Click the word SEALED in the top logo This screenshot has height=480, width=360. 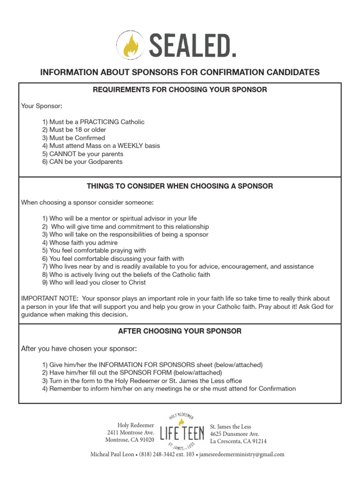192,45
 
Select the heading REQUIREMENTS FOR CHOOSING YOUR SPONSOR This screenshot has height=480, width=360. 180,90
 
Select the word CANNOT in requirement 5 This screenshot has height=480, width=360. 63,154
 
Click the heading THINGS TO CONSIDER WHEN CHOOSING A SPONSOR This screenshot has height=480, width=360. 180,186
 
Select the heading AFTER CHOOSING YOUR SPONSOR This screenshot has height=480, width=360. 180,331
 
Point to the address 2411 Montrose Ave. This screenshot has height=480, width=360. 130,433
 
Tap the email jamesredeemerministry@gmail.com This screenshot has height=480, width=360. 241,454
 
